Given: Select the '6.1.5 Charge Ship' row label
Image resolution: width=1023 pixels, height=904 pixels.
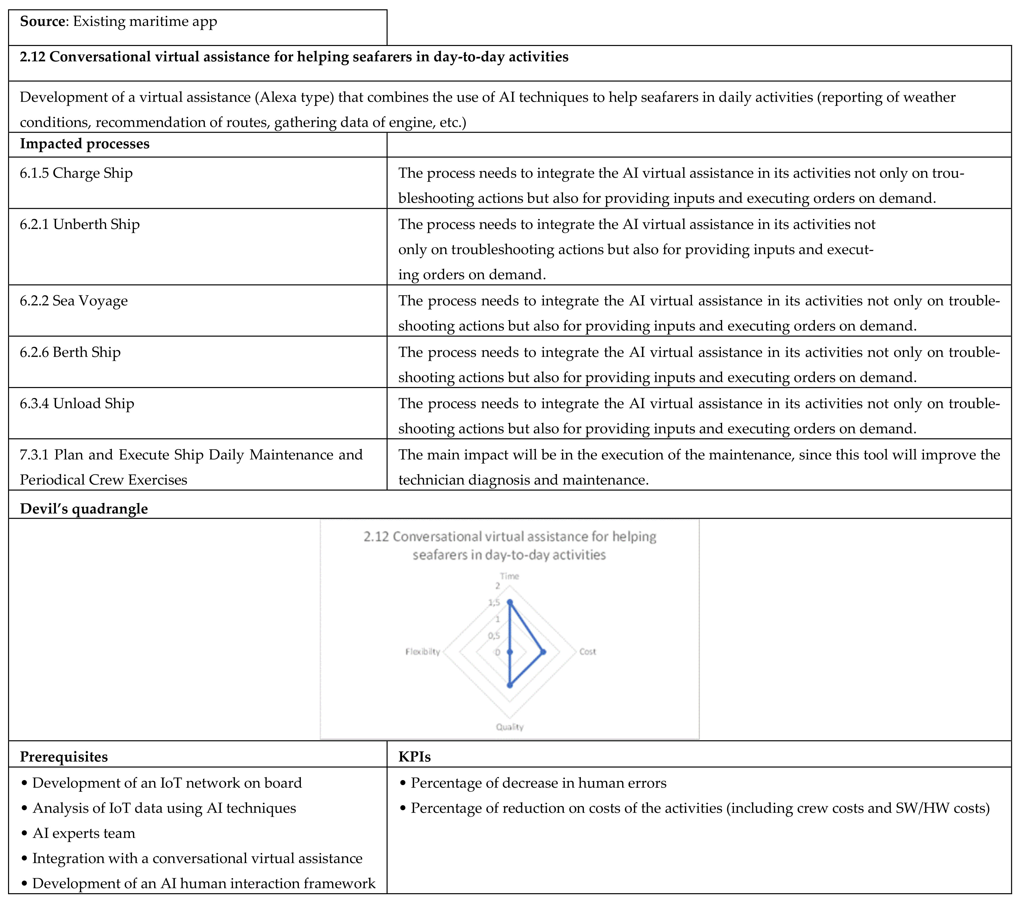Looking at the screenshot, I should point(76,173).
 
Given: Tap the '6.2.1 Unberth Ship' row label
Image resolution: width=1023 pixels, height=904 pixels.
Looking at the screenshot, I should point(80,224).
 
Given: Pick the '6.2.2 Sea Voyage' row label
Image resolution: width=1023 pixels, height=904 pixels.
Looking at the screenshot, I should point(74,301).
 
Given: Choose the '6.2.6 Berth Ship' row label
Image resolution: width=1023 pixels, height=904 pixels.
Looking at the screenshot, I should point(70,352).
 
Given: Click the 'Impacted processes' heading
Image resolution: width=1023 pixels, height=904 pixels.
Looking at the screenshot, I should point(85,144).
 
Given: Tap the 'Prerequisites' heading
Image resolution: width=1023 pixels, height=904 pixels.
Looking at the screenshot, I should point(64,757).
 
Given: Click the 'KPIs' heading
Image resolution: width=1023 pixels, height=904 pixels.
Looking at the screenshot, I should point(414,757).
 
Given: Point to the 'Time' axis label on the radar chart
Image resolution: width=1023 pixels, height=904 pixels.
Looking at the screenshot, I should point(509,576).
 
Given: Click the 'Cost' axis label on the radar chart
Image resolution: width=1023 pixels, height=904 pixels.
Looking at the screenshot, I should point(588,652).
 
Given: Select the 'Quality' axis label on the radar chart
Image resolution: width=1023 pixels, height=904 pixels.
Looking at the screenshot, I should point(509,727).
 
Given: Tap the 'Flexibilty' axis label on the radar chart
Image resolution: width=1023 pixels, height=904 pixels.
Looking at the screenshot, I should point(423,652).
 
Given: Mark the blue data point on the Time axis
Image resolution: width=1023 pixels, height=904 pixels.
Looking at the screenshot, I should point(509,603).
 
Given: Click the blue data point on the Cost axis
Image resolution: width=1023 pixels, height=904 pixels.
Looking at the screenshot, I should point(543,652).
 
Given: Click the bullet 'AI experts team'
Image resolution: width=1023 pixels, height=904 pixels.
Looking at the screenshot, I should point(84,833).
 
